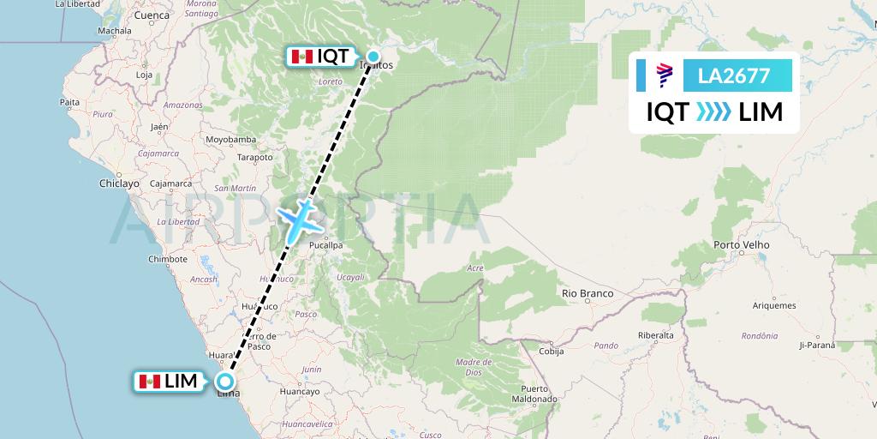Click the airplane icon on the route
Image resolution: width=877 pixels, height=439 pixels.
[298, 219]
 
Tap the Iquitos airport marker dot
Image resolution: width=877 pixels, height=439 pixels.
[373, 57]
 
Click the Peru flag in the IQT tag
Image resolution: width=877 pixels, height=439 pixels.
[301, 57]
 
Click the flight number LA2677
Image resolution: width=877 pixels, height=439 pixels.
[734, 76]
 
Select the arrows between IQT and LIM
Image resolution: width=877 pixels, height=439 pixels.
[713, 112]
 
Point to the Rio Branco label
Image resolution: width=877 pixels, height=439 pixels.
[588, 293]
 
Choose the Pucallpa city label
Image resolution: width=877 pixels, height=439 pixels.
[325, 245]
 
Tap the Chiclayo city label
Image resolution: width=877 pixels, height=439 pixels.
[119, 183]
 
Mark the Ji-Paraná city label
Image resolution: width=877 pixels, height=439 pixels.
[816, 346]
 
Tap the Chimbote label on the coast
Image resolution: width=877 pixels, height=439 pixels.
[167, 259]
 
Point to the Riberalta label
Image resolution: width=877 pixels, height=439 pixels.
[656, 335]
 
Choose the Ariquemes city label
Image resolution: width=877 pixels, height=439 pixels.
[773, 305]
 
